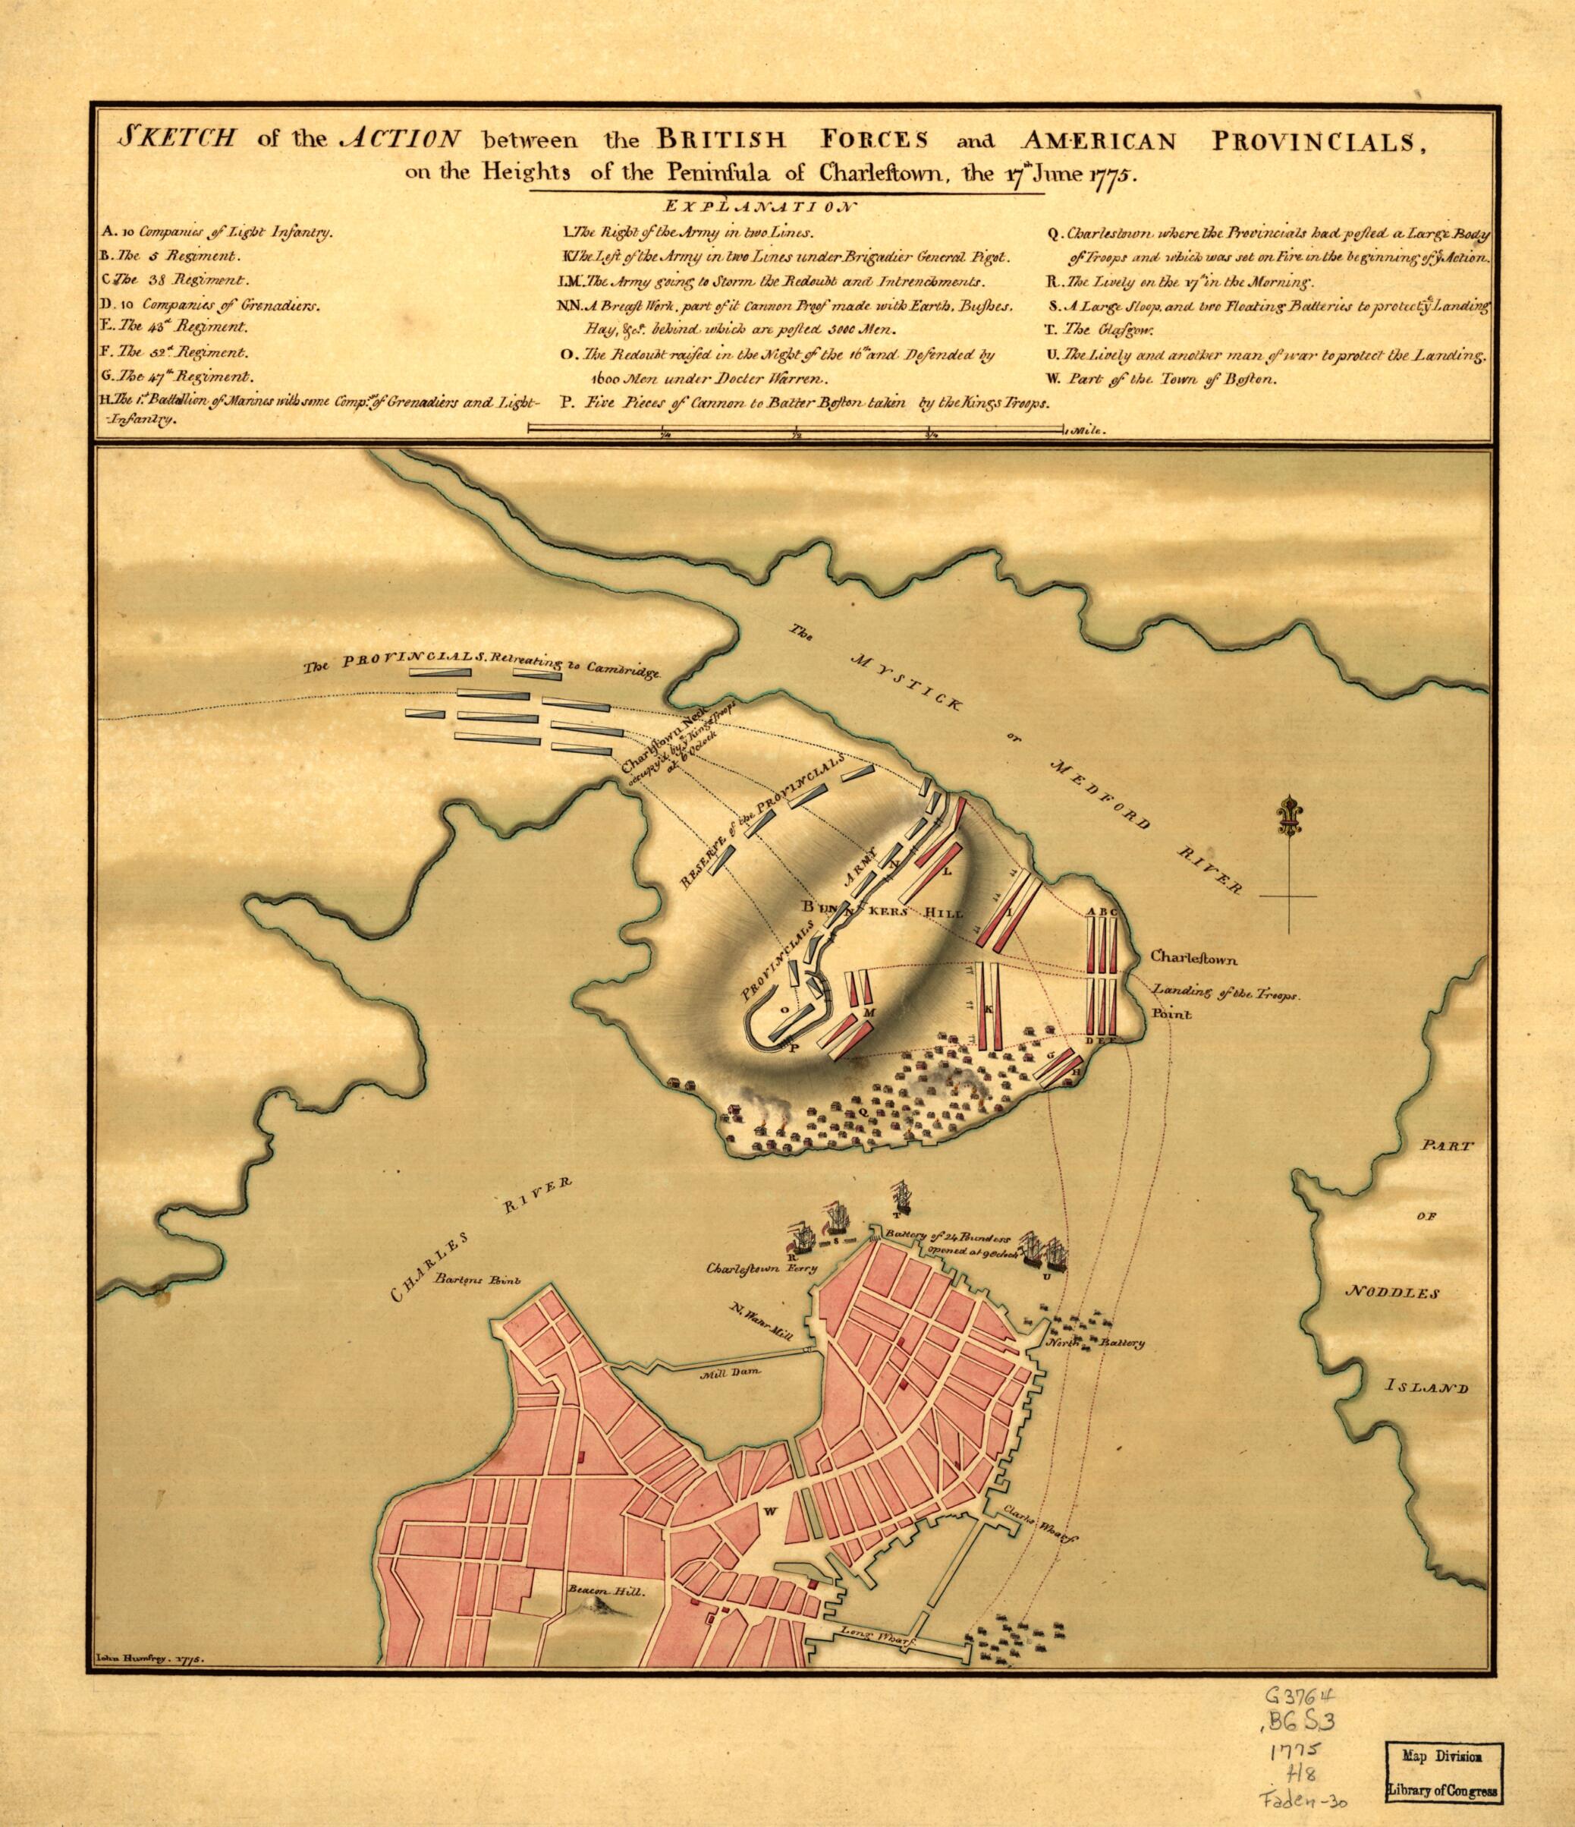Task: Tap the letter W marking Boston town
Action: point(769,1511)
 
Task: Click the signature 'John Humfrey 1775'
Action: point(146,1658)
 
